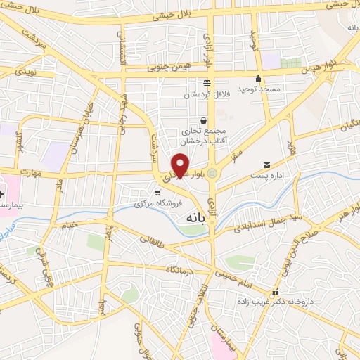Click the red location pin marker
pyautogui.click(x=181, y=166)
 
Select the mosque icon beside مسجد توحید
pyautogui.click(x=259, y=78)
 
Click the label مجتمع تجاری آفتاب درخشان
pyautogui.click(x=204, y=135)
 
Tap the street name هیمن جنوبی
pyautogui.click(x=165, y=70)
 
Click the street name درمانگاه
pyautogui.click(x=179, y=269)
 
